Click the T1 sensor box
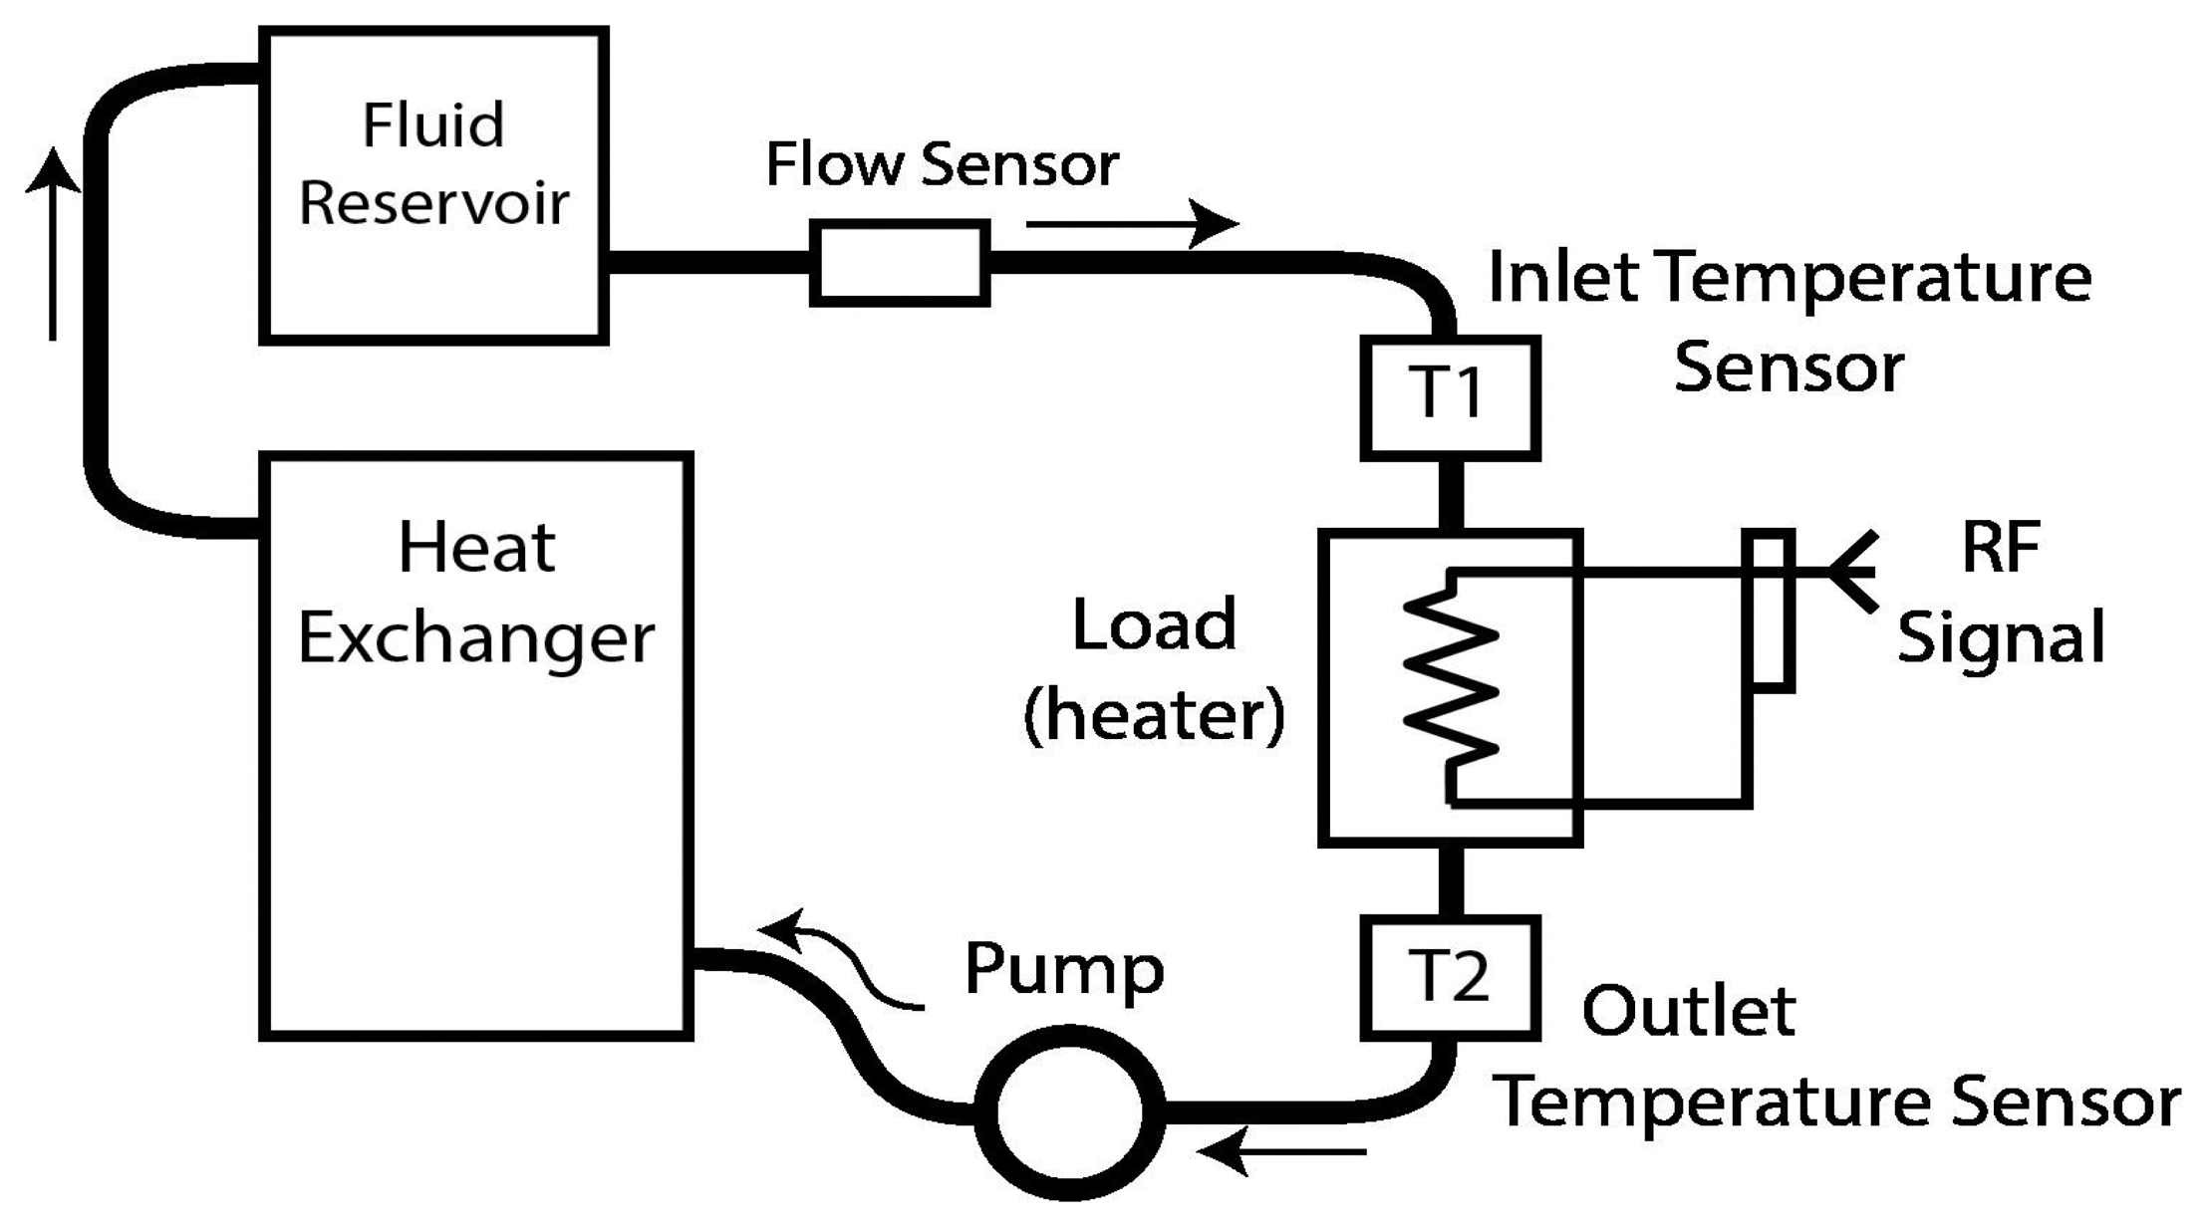pos(1450,398)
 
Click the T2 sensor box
pos(1450,978)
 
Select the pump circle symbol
pos(1069,1112)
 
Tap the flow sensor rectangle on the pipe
pos(899,263)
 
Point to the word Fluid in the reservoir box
pos(432,125)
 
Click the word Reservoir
pos(433,203)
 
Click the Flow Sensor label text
pos(942,164)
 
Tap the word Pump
pos(1063,968)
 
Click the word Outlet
pos(1688,1012)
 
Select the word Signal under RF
pos(2000,637)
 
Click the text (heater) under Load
pos(1154,715)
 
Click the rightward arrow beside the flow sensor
pos(1131,223)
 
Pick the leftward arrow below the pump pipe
pos(1283,1152)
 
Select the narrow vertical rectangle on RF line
pos(1768,611)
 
